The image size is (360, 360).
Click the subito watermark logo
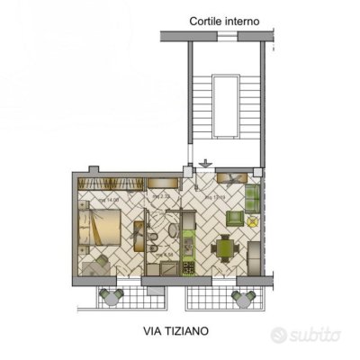307,335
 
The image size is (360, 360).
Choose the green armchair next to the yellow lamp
235,218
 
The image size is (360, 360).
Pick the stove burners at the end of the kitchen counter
189,266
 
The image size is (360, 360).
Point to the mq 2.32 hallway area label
162,196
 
